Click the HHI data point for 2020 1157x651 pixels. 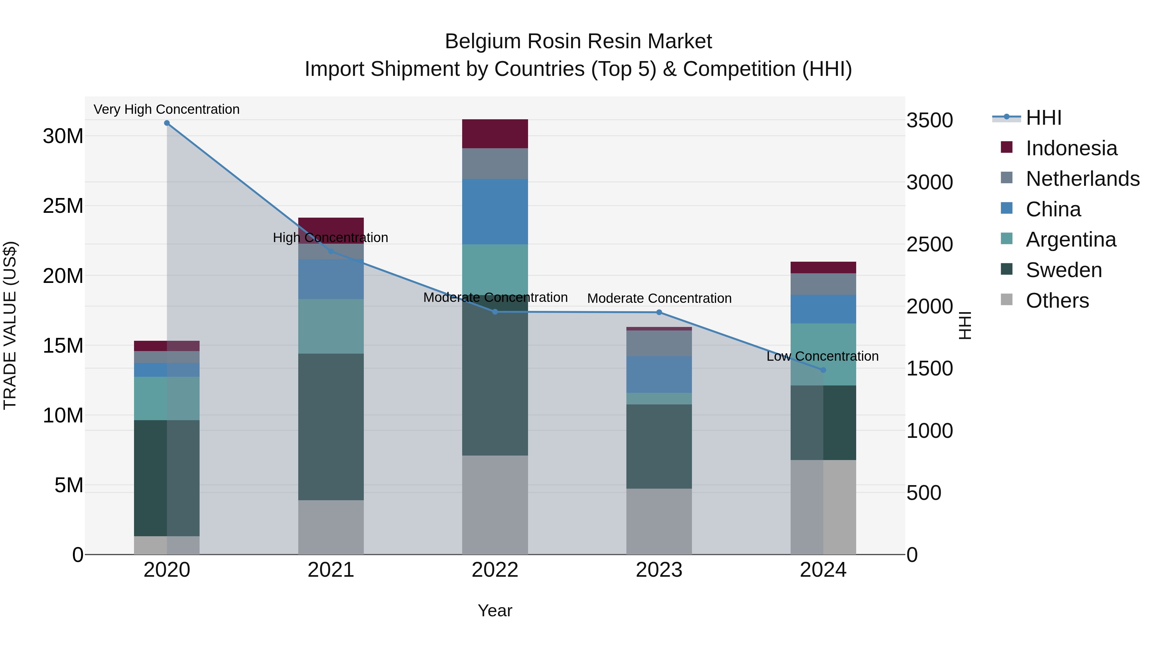click(166, 123)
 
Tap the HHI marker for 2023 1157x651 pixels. click(659, 312)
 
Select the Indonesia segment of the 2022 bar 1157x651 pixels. click(495, 134)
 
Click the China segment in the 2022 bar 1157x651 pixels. click(495, 212)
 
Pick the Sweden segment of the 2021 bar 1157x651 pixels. click(331, 427)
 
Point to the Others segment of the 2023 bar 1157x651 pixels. click(659, 521)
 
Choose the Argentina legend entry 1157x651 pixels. click(1071, 240)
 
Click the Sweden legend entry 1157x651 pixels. click(1063, 270)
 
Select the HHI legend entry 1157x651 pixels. click(1043, 118)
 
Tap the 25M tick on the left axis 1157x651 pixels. click(63, 206)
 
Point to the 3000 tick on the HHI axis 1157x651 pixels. click(929, 182)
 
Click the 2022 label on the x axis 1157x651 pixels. click(495, 570)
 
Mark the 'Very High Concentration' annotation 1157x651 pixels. click(166, 109)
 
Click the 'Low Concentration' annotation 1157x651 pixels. click(822, 356)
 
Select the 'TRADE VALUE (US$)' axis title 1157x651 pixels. click(10, 325)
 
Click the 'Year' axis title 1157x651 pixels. click(495, 610)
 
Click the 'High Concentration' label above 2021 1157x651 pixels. click(331, 238)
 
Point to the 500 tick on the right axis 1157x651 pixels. click(923, 493)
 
